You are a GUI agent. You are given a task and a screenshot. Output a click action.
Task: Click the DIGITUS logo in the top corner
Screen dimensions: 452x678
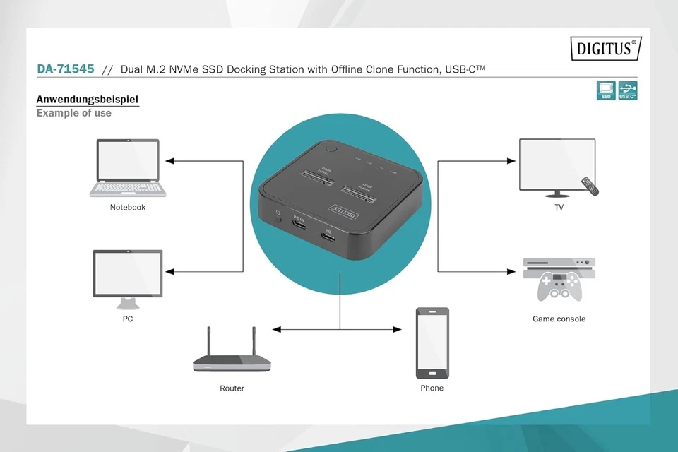(605, 49)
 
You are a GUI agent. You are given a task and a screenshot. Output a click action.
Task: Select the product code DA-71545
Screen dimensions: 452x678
(65, 69)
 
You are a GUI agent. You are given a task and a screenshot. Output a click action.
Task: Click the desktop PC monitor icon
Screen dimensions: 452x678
(128, 274)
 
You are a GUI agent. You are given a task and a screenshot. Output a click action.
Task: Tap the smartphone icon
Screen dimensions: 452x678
(432, 343)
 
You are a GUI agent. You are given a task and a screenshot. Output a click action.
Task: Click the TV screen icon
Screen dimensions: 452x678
(557, 165)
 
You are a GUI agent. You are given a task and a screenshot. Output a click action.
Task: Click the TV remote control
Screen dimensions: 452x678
(590, 186)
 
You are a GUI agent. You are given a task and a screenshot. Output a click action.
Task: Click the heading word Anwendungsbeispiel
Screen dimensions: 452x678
(87, 99)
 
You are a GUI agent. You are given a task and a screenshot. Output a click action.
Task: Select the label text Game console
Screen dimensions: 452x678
(559, 319)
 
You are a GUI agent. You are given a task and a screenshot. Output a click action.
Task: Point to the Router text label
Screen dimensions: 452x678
(232, 388)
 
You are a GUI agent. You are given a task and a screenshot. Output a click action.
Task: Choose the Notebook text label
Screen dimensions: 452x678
(128, 208)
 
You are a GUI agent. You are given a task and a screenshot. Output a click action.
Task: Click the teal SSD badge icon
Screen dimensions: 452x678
(605, 90)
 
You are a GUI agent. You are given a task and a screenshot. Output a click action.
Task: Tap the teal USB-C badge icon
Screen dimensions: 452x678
(628, 90)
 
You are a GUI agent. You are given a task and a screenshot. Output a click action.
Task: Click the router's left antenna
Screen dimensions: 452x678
(210, 342)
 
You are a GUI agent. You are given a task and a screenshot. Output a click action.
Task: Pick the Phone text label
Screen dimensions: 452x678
(432, 388)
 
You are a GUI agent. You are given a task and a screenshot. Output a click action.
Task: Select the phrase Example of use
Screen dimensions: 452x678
(73, 113)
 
